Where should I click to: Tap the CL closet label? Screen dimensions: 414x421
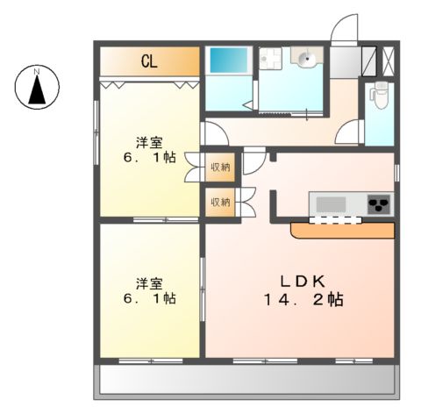click(x=149, y=62)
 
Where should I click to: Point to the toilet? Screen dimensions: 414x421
click(x=380, y=94)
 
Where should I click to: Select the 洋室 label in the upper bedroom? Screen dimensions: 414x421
click(x=149, y=142)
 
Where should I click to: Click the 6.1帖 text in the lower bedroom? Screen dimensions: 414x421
click(x=149, y=299)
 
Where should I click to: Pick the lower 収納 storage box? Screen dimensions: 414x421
click(x=219, y=202)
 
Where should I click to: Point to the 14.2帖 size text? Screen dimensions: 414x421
click(x=300, y=300)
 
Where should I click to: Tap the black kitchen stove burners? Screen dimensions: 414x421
click(x=379, y=204)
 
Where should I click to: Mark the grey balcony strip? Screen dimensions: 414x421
click(x=246, y=379)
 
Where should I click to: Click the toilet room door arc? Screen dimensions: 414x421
click(x=352, y=133)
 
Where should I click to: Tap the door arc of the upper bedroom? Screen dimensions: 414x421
click(x=214, y=132)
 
